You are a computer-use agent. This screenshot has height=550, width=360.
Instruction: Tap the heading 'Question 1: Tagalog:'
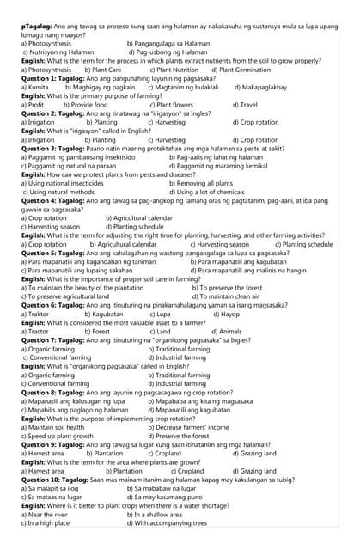52,78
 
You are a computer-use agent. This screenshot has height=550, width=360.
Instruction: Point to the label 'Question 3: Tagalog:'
52,149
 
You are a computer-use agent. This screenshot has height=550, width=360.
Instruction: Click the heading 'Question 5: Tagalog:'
52,253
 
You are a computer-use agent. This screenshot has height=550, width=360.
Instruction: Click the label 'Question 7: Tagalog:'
52,340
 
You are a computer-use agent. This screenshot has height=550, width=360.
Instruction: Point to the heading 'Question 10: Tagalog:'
54,480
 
